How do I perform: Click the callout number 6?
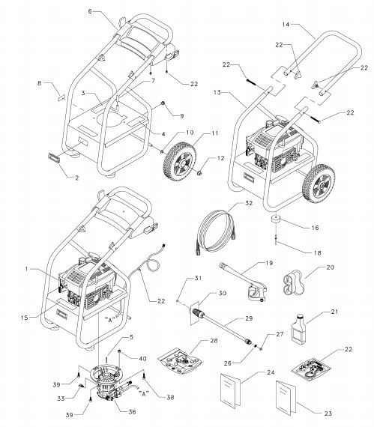pos(90,13)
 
